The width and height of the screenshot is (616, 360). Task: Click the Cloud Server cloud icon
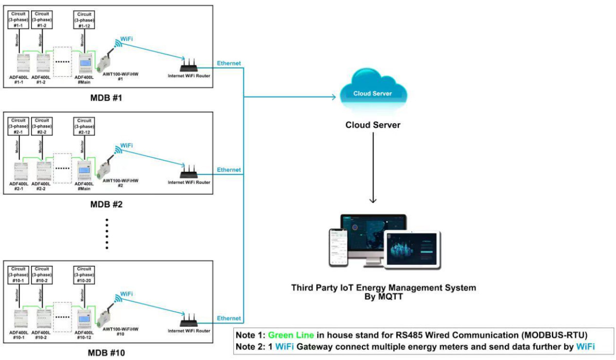(372, 92)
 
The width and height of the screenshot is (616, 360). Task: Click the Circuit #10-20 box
(85, 274)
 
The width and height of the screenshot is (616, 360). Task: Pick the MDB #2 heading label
(106, 204)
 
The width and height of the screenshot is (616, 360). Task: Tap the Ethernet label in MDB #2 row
(229, 170)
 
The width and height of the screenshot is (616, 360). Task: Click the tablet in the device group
(412, 249)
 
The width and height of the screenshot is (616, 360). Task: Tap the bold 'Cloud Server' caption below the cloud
(373, 125)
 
